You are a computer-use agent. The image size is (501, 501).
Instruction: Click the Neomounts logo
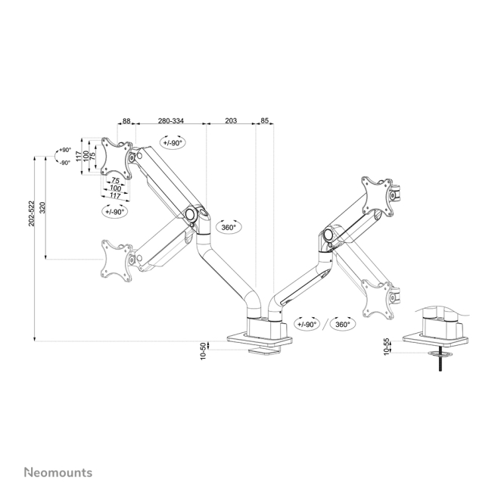pyautogui.click(x=58, y=472)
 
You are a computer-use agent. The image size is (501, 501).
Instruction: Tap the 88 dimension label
pyautogui.click(x=126, y=121)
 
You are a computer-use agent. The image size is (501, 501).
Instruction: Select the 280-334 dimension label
pyautogui.click(x=171, y=121)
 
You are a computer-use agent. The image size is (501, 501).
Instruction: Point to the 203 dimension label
pyautogui.click(x=231, y=120)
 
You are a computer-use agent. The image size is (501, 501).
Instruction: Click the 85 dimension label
pyautogui.click(x=265, y=120)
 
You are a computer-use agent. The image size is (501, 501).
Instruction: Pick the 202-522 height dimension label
pyautogui.click(x=31, y=213)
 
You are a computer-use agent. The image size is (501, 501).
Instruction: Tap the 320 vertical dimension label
pyautogui.click(x=42, y=207)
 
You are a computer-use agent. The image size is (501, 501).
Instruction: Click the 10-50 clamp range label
pyautogui.click(x=204, y=351)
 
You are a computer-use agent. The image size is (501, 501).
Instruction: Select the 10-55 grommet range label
pyautogui.click(x=387, y=347)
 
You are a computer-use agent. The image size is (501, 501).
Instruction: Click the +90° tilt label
pyautogui.click(x=65, y=150)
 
